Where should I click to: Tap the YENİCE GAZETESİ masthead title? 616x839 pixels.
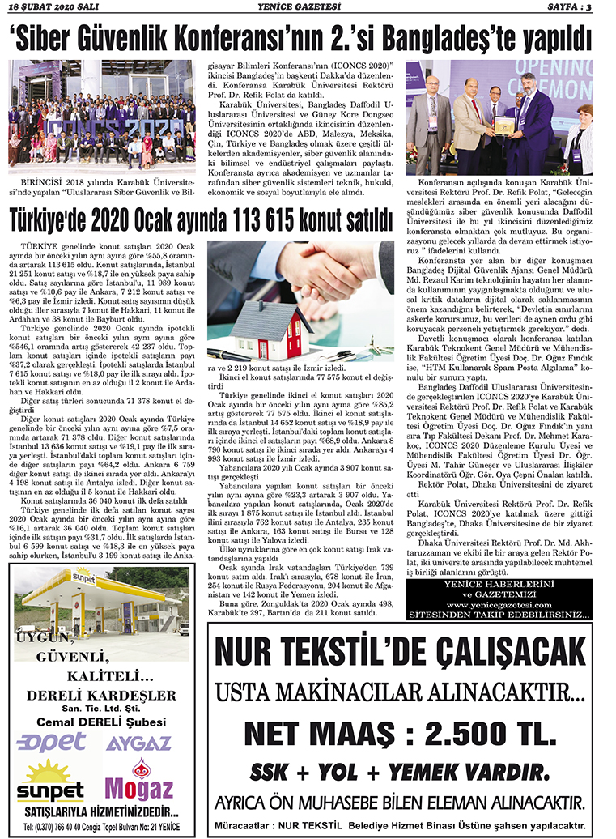click(307, 7)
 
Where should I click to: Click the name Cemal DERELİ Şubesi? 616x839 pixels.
click(100, 723)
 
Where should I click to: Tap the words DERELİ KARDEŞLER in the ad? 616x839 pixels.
click(101, 695)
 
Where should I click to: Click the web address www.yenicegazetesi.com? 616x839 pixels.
click(500, 604)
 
